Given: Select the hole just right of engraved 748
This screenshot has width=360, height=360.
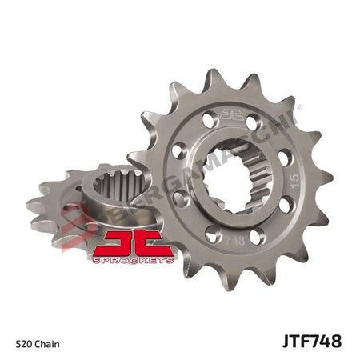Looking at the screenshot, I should pyautogui.click(x=257, y=238).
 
